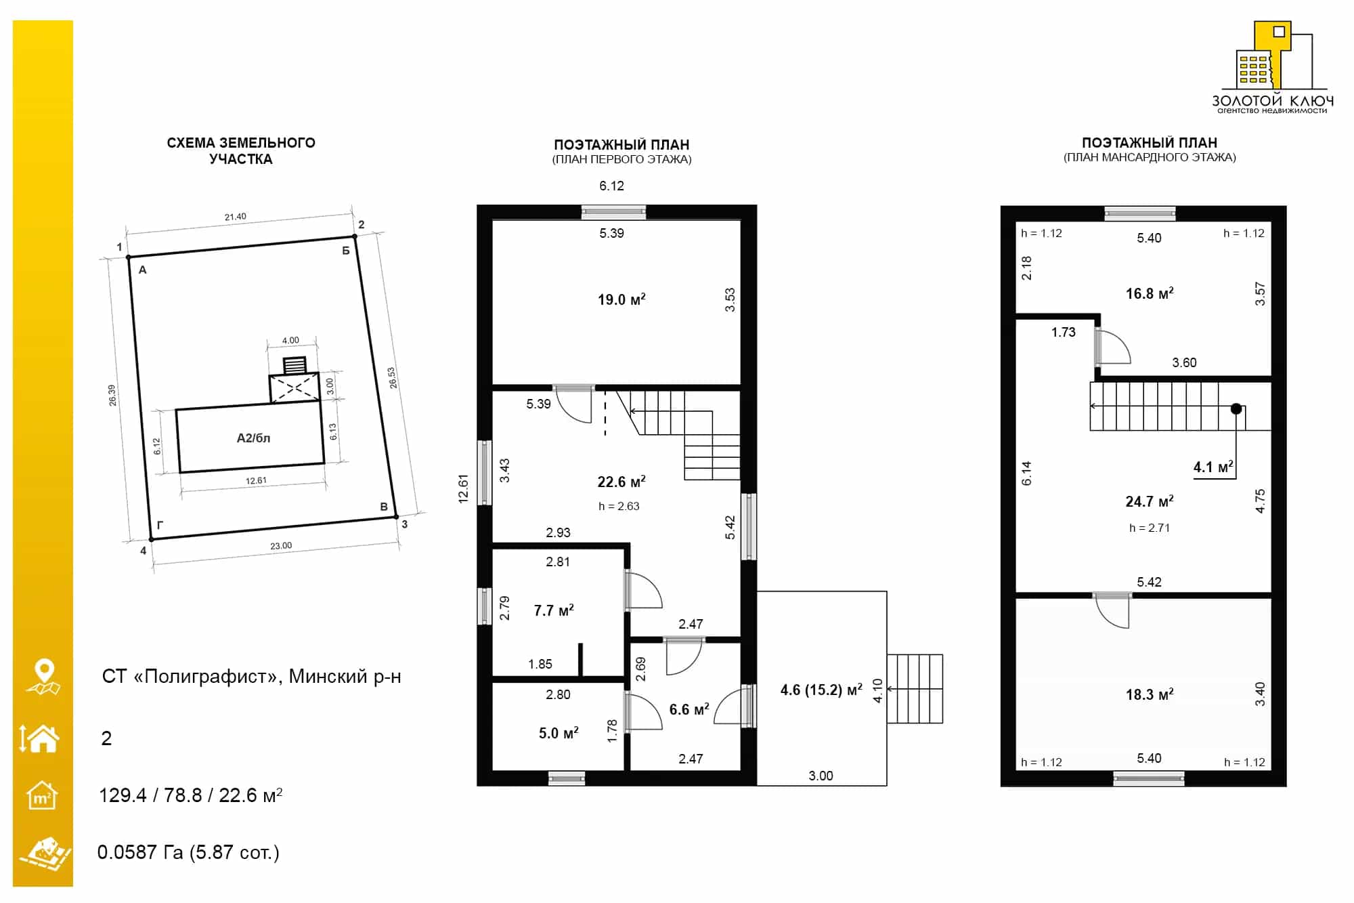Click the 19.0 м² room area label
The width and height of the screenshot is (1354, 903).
click(621, 299)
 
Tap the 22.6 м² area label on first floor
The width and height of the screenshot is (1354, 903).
click(621, 482)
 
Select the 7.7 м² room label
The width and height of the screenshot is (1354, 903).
click(554, 610)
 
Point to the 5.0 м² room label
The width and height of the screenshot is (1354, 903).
click(559, 733)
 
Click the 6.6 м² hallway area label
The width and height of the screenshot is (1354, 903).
click(689, 709)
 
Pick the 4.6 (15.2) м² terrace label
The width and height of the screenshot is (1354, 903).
click(821, 690)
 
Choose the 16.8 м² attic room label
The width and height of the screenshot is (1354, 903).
click(1150, 293)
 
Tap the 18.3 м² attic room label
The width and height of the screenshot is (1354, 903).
click(1150, 694)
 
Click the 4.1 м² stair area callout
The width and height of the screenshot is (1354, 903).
click(1213, 467)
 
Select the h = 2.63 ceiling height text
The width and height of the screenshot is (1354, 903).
click(619, 506)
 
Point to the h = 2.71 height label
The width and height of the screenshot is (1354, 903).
click(1150, 528)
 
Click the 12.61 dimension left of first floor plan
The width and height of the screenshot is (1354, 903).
click(463, 488)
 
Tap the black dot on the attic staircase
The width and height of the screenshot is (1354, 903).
click(1236, 408)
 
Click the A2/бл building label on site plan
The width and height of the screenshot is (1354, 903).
click(253, 438)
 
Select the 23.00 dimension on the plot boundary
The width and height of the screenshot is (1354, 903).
click(281, 545)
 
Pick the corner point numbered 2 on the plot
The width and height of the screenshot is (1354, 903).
click(354, 236)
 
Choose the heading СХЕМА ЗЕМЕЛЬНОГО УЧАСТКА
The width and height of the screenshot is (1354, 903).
click(241, 150)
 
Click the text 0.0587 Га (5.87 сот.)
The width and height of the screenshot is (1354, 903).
click(188, 852)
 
